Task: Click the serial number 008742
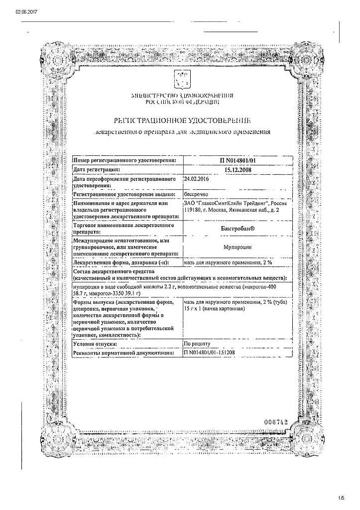(276, 422)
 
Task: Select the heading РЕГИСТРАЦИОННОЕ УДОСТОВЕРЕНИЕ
(182, 121)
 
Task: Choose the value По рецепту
(198, 344)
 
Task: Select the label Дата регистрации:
(97, 169)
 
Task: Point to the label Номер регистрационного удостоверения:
(124, 160)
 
